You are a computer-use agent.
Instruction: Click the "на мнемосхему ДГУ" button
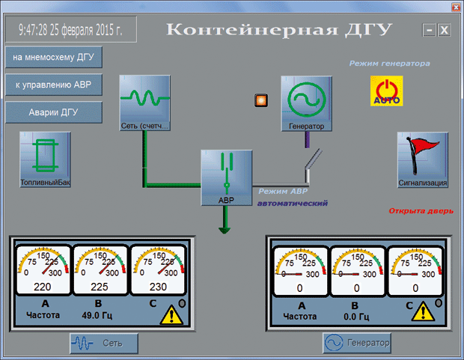54,57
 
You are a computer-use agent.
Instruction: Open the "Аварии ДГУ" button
54,112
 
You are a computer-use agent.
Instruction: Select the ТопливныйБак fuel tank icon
45,159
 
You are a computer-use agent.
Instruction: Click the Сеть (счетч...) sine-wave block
144,103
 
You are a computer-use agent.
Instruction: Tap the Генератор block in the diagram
306,103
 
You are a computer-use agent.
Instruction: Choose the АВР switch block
226,177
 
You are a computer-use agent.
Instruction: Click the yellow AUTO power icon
386,91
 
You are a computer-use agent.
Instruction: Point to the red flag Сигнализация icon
423,160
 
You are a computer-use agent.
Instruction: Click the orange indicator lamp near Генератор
261,100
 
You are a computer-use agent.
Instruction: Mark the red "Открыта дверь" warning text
421,211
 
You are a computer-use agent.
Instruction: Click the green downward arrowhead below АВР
225,231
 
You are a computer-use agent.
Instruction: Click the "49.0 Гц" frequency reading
97,315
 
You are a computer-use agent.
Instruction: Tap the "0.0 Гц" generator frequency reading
356,317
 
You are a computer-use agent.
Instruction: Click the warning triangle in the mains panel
171,314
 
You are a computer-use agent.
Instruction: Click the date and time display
71,29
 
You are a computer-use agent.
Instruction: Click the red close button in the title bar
456,7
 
